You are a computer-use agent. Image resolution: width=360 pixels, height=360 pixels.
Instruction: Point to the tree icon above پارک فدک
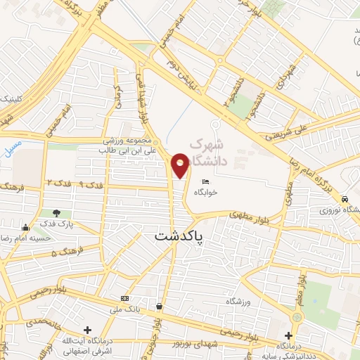click(x=56, y=213)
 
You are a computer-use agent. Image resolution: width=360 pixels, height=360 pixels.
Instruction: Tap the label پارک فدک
click(x=57, y=224)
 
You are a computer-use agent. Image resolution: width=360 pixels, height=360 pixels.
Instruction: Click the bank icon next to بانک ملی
click(x=124, y=297)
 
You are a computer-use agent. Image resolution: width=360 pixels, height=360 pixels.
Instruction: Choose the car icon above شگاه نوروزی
click(x=345, y=199)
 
